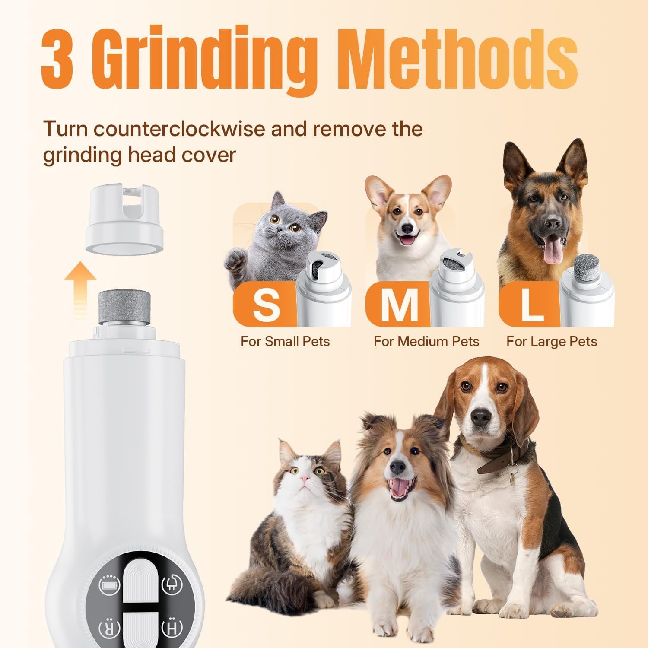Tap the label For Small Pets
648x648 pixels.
285,341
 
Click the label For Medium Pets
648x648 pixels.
426,341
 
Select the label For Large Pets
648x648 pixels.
552,341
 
